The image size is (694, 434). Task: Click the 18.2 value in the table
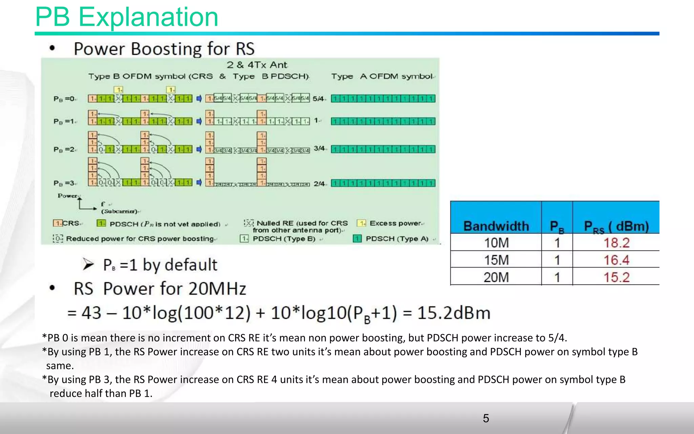(616, 243)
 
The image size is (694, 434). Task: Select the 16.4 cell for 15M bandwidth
(616, 260)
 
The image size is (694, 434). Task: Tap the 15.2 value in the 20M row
(616, 277)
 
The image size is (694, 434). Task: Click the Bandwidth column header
(496, 226)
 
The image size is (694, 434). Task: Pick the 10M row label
(496, 243)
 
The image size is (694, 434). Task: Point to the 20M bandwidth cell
(496, 277)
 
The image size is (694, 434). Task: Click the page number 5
(486, 418)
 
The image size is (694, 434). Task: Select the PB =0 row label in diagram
(64, 99)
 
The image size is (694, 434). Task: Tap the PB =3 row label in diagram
(64, 183)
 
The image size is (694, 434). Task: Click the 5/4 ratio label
(319, 99)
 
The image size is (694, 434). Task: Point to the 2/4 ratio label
(319, 183)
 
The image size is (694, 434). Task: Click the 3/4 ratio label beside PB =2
(319, 149)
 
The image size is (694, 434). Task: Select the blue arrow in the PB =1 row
(199, 121)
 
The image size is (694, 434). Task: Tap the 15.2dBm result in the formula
(453, 313)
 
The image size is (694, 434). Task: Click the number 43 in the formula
(91, 313)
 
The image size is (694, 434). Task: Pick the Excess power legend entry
(395, 223)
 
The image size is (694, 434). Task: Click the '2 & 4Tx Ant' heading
(257, 65)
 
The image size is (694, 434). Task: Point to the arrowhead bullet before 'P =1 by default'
(88, 264)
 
